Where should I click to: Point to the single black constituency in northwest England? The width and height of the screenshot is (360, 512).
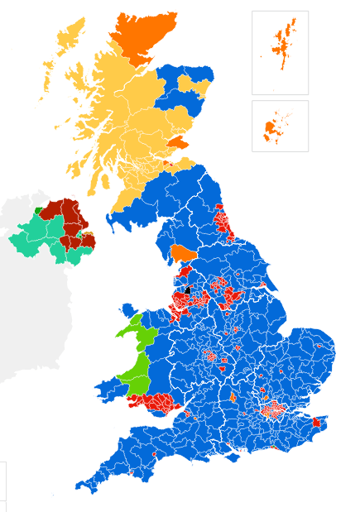[187, 289]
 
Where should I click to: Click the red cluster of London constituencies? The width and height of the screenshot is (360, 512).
[271, 409]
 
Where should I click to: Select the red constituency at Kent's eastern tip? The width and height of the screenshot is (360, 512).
[316, 423]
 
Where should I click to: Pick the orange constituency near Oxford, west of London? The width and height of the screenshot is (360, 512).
[233, 398]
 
